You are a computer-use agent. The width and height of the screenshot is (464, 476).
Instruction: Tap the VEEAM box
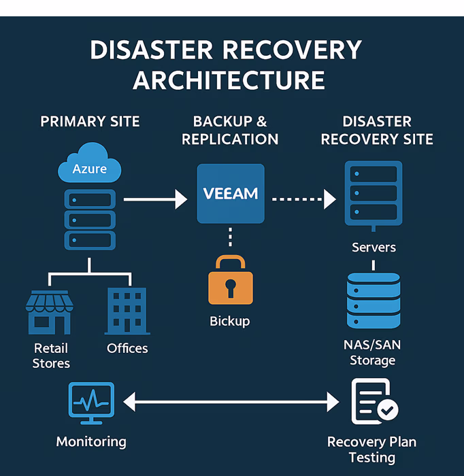tap(231, 194)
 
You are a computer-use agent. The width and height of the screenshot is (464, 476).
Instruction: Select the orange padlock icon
tap(231, 280)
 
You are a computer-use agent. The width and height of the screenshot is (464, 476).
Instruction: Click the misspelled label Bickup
tap(230, 322)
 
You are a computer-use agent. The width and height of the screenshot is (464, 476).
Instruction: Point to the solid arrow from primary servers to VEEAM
tap(156, 199)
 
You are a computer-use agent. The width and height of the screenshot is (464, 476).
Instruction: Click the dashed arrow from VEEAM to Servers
tap(304, 199)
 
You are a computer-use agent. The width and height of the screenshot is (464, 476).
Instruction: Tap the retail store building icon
tap(50, 312)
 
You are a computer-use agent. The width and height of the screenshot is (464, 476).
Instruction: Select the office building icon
tap(127, 311)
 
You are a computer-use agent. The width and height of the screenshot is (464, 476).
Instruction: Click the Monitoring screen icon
tap(91, 403)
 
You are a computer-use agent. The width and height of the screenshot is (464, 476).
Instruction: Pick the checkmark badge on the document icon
tap(388, 410)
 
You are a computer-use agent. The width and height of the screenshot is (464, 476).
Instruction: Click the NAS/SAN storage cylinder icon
tap(374, 301)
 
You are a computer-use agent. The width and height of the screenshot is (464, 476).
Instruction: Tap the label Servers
tap(374, 248)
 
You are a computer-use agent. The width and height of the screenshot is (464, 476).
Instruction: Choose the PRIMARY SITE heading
tap(90, 122)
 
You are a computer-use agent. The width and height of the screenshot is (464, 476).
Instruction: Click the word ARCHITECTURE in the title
tap(229, 80)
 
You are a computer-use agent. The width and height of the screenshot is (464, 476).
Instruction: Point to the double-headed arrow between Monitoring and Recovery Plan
tap(231, 402)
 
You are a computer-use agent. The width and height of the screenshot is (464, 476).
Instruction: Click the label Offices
tap(127, 348)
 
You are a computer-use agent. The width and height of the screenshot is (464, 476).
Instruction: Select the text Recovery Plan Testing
tap(372, 450)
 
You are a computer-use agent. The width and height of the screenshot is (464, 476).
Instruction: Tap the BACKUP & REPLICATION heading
tap(230, 131)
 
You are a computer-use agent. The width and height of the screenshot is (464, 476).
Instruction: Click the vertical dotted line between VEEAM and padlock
tap(231, 237)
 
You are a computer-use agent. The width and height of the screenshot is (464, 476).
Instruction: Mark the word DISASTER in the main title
tap(151, 50)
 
